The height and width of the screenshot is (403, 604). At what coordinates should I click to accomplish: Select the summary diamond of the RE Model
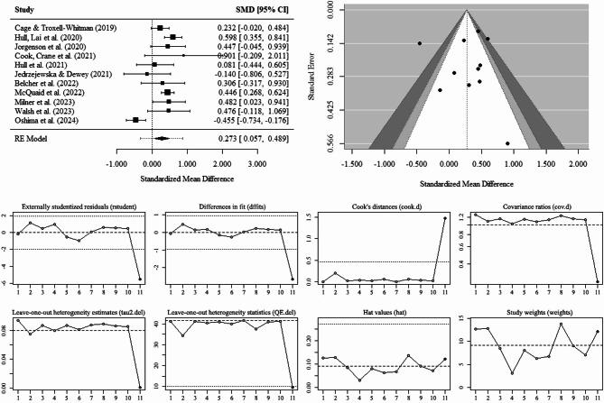coord(163,139)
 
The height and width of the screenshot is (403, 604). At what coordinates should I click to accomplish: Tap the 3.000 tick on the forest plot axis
coord(257,165)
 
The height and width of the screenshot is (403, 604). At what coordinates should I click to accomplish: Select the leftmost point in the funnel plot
coord(419,43)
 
